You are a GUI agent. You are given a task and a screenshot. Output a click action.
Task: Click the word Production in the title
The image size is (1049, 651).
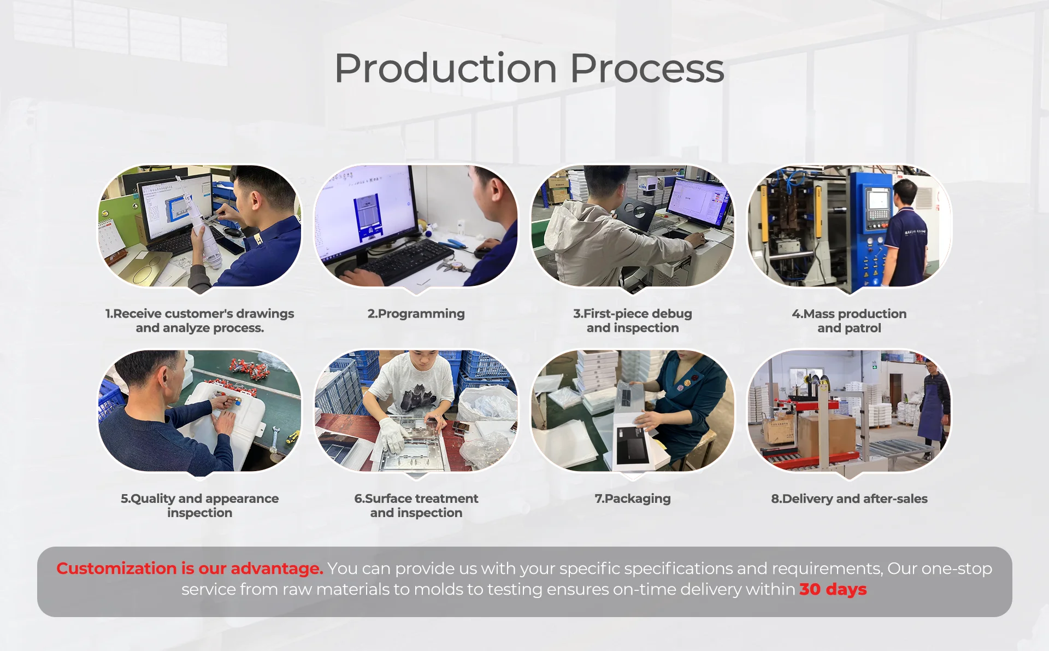[446, 69]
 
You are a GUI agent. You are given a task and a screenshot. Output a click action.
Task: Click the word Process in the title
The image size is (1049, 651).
[647, 69]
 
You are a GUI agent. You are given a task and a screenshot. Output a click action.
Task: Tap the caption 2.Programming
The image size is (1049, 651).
[416, 314]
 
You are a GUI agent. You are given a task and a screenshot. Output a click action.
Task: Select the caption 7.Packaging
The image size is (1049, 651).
[633, 498]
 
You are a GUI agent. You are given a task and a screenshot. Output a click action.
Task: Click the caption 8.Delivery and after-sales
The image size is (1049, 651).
[849, 498]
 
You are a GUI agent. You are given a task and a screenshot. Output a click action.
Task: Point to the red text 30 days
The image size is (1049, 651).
[833, 589]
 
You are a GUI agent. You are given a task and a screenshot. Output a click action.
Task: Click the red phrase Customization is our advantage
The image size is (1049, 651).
[190, 568]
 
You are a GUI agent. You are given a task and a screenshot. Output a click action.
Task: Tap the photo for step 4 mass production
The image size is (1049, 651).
[849, 226]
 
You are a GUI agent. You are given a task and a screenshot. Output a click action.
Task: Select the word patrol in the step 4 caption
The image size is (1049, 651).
[863, 328]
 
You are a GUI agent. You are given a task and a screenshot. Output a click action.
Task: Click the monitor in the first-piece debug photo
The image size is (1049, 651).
[700, 202]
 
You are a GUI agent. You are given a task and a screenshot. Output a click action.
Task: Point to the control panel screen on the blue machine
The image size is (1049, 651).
[877, 197]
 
